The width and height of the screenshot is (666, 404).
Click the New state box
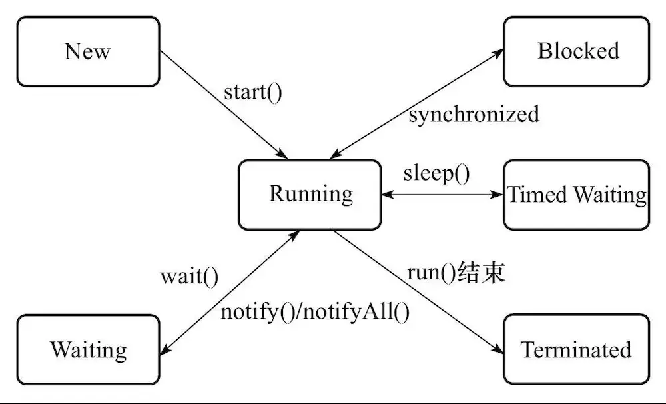[x=88, y=52]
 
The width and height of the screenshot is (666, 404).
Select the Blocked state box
[x=576, y=52]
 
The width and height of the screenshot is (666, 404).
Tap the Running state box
[x=310, y=194]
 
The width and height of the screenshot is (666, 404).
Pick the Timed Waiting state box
[x=576, y=195]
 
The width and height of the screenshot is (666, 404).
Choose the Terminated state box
[x=576, y=350]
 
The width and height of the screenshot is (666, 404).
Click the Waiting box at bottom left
[x=88, y=350]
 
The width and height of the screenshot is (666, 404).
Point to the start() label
[x=253, y=91]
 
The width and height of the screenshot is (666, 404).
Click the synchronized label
[x=474, y=115]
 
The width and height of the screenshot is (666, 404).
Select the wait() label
[x=189, y=275]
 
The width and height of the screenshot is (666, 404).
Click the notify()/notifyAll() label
[x=315, y=311]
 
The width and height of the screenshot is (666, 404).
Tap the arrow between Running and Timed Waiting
[x=443, y=195]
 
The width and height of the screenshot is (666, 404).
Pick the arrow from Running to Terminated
[x=416, y=291]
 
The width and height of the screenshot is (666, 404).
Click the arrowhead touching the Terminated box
[x=498, y=350]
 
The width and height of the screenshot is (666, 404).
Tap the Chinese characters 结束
[x=483, y=273]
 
